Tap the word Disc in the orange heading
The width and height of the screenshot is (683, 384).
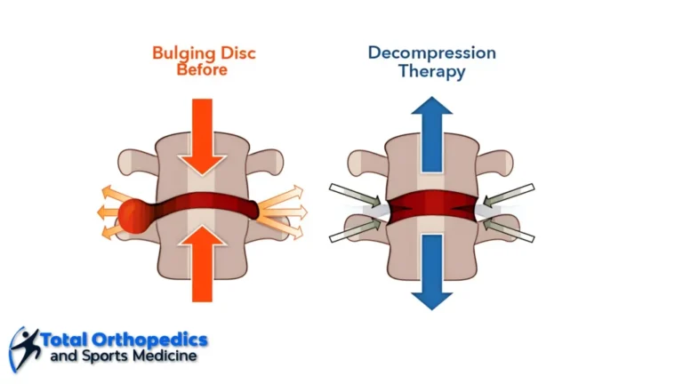237,53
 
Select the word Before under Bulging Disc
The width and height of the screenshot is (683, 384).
202,69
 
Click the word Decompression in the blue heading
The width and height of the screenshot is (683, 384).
431,54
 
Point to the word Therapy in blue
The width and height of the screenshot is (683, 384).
431,71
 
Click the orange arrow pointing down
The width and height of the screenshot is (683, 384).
202,137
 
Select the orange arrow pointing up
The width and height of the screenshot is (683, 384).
202,263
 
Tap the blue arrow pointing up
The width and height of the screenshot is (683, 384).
431,134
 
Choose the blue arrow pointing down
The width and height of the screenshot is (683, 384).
431,272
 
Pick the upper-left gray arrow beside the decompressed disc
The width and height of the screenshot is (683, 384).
355,195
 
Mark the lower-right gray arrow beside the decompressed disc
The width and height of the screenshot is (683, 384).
509,231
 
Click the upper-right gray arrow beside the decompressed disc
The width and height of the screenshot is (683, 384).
509,195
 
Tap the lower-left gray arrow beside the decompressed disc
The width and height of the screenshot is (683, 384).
355,231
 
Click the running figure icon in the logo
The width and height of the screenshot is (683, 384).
24,349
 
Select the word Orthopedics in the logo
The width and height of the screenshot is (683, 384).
149,340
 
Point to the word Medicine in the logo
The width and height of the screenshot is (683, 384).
165,356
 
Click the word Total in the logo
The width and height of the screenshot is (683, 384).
65,340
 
